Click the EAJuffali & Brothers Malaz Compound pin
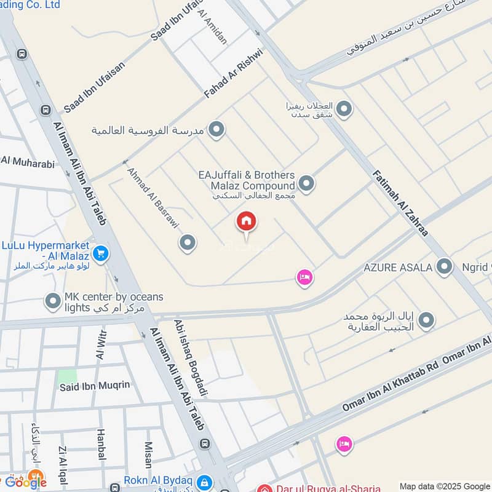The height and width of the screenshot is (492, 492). pos(306,183)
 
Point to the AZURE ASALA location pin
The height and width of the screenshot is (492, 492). pos(443,266)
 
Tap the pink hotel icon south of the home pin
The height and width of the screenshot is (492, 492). pos(304,278)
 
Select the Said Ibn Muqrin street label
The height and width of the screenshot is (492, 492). pos(95,386)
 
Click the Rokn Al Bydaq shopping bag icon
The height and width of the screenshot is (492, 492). pos(205,482)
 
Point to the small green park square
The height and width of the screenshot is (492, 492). pos(68,376)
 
